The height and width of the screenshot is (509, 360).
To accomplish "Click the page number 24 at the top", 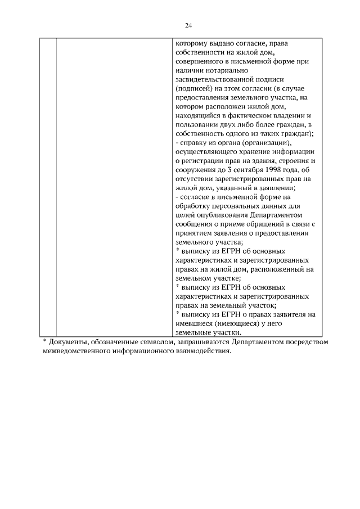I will pyautogui.click(x=188, y=25).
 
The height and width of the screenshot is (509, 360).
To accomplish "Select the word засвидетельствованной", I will pyautogui.click(x=213, y=79).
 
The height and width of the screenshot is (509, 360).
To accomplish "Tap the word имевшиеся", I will pyautogui.click(x=193, y=324).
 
